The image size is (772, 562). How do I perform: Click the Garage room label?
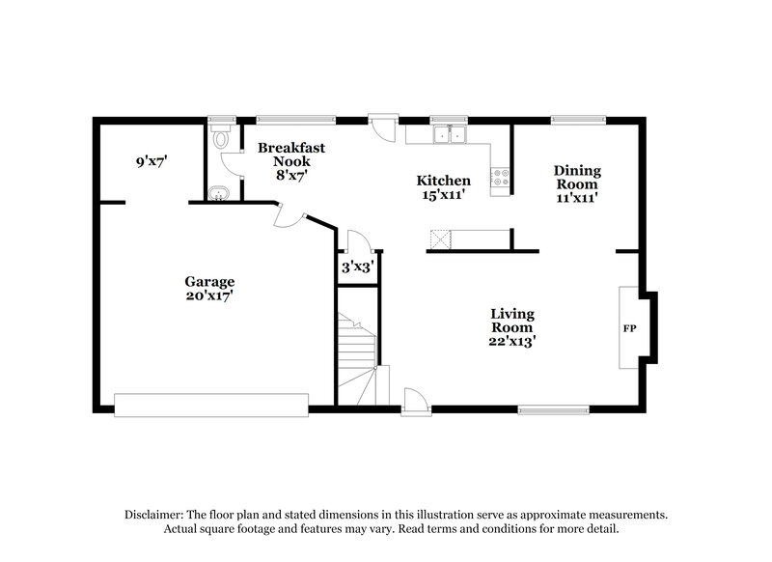click(x=209, y=282)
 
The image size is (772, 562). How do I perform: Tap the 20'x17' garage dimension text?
click(x=209, y=296)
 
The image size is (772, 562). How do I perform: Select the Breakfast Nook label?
click(x=290, y=155)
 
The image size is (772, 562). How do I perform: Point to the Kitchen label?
click(x=443, y=181)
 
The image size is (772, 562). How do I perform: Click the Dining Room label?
click(x=575, y=177)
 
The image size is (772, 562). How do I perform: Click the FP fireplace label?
click(x=629, y=328)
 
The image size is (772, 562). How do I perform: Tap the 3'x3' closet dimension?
click(x=357, y=267)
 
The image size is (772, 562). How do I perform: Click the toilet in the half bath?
click(x=221, y=137)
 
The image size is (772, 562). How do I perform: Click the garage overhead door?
click(x=210, y=404)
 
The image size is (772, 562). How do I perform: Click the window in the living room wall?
click(x=552, y=409)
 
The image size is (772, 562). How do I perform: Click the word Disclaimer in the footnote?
click(x=156, y=515)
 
